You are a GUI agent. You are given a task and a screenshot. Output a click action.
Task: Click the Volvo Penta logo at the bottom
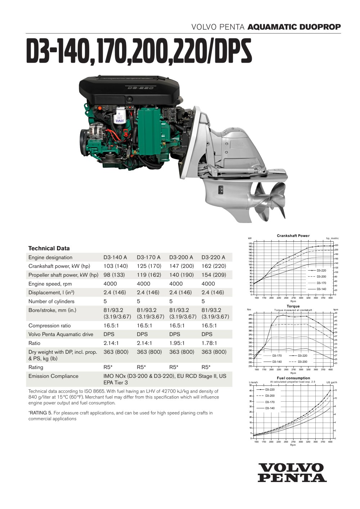click(x=292, y=473)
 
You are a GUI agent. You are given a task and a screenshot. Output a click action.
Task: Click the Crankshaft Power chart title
click(x=293, y=236)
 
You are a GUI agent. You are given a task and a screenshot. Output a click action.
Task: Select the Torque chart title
click(x=293, y=306)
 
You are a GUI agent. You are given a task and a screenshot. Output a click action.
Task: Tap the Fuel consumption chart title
click(x=293, y=378)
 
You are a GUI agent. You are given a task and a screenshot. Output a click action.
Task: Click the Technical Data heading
click(x=49, y=248)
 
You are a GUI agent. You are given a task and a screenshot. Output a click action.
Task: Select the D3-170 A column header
click(x=149, y=257)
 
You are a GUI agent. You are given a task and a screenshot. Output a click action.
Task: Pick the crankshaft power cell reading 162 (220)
click(x=214, y=266)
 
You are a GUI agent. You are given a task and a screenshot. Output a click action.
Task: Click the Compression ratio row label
click(x=50, y=326)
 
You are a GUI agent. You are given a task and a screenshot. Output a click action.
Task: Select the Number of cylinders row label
click(x=51, y=301)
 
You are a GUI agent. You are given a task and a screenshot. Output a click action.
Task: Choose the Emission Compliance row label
click(x=53, y=376)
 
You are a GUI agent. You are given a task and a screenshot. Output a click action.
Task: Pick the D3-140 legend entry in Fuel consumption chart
click(x=270, y=408)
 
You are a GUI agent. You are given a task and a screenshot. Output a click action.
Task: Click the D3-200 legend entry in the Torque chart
click(x=302, y=362)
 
